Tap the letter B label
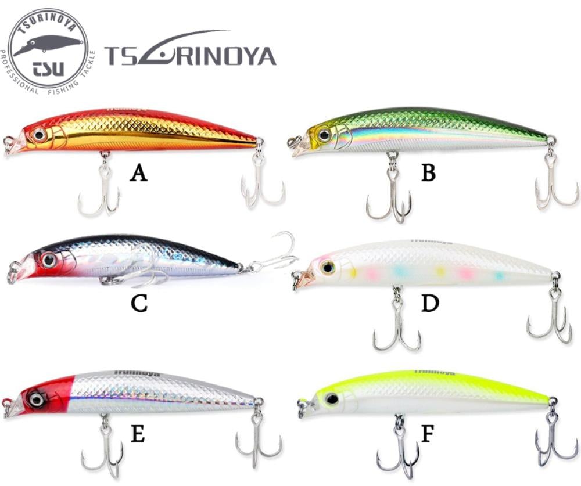point(428,173)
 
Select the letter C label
point(139,303)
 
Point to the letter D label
point(429,303)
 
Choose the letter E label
point(138,433)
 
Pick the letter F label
point(427,434)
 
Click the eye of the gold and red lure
point(40,135)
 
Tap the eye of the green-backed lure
point(324,135)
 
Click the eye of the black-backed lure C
point(48,260)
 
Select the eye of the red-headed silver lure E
point(37,399)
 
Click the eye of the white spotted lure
point(327,267)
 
